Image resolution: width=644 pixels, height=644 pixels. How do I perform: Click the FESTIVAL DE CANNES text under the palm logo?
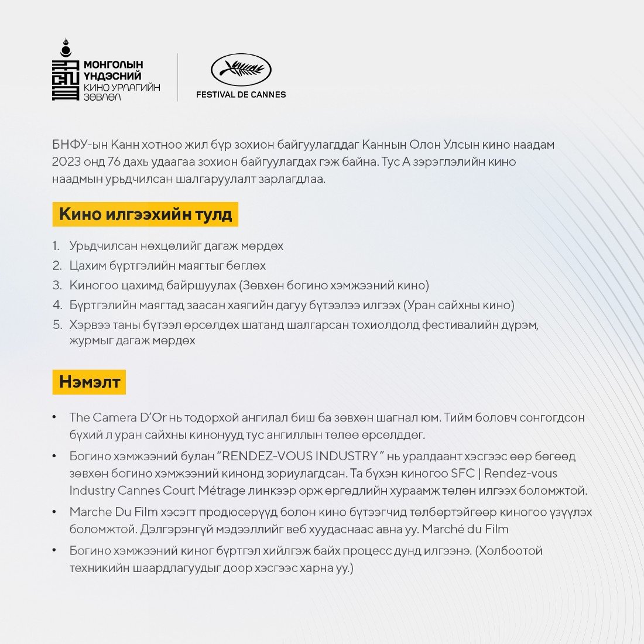[241, 94]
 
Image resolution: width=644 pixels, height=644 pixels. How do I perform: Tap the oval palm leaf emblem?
[241, 70]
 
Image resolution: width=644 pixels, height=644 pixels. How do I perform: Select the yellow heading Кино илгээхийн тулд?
[145, 214]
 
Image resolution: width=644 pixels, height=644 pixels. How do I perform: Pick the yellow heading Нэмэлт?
[90, 382]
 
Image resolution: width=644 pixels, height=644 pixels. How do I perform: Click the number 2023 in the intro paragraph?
[67, 162]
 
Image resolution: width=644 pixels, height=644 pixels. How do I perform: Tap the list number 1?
[56, 246]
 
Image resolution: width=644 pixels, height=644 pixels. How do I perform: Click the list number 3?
[57, 286]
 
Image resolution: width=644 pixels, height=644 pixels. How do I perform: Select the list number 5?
[57, 325]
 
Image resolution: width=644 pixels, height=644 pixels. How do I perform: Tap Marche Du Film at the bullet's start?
[114, 512]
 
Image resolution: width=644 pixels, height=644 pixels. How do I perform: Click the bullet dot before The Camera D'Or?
[54, 417]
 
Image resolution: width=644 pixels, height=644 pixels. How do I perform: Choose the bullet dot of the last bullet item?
[54, 551]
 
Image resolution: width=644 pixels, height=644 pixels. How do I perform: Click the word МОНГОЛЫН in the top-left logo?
[114, 64]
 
